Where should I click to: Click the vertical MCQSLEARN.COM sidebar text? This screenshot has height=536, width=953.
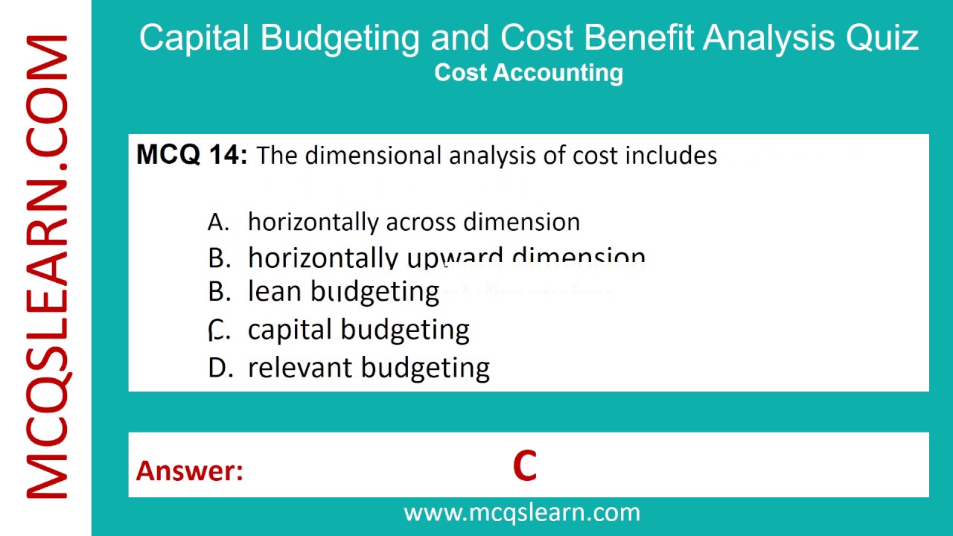click(x=47, y=267)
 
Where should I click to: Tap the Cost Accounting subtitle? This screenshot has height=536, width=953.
click(x=529, y=73)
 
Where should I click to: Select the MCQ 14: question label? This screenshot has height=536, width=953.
click(x=191, y=155)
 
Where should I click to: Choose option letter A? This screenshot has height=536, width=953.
click(x=218, y=222)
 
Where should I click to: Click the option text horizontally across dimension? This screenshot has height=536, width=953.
click(x=413, y=222)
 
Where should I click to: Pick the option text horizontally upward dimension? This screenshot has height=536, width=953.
click(x=446, y=258)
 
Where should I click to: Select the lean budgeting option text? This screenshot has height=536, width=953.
click(x=343, y=292)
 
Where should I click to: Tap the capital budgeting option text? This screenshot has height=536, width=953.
click(x=358, y=330)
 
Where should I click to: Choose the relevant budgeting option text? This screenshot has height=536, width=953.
click(x=369, y=368)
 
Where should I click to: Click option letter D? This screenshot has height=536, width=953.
click(x=220, y=368)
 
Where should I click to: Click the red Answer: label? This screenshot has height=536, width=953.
click(x=189, y=470)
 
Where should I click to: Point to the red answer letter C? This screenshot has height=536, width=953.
click(x=525, y=467)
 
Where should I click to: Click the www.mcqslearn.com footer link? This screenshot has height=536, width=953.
click(x=521, y=512)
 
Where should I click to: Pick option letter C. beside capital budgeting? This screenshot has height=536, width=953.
click(x=218, y=330)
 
